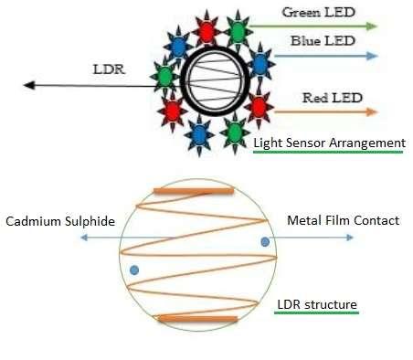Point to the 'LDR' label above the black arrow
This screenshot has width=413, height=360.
[x=110, y=69]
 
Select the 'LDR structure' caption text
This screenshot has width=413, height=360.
[x=317, y=303]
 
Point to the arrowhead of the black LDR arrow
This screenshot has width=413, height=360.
[x=28, y=86]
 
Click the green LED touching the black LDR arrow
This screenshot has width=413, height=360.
[x=164, y=77]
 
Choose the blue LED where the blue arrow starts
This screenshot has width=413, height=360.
[x=261, y=62]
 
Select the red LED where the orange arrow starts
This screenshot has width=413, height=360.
[x=257, y=108]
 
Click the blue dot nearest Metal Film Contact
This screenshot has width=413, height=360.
[x=264, y=242]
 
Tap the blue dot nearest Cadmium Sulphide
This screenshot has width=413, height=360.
[x=134, y=270]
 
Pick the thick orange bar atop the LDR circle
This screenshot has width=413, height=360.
[x=193, y=191]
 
